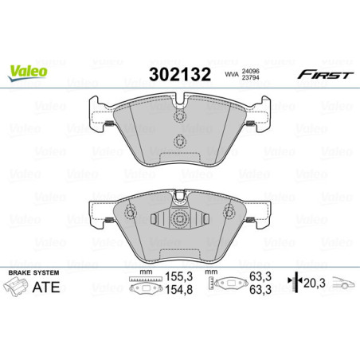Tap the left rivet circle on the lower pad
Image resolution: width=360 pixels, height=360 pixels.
click(x=131, y=212)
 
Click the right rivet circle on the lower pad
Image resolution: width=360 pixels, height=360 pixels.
click(x=229, y=212)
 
